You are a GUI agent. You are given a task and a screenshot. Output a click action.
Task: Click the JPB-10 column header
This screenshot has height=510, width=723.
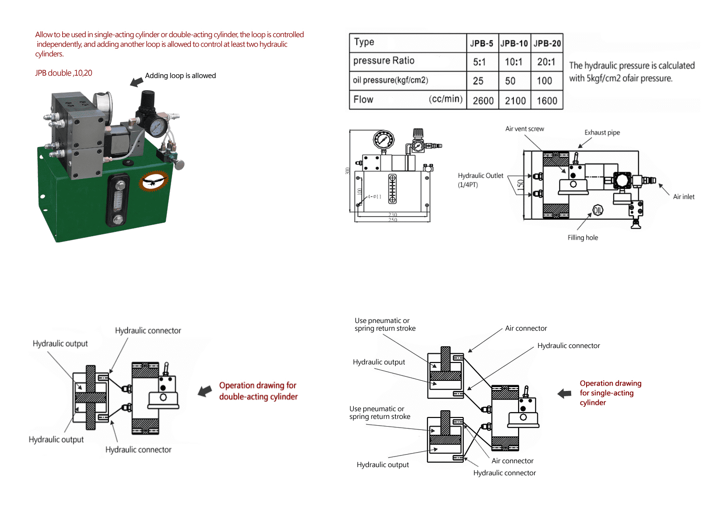coord(514,43)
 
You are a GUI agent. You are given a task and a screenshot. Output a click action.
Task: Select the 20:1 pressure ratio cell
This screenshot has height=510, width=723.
coord(547,62)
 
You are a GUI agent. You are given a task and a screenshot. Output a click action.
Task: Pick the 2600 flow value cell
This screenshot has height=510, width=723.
coord(483,100)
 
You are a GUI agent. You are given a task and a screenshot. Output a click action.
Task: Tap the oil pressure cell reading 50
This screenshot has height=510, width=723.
coord(510,81)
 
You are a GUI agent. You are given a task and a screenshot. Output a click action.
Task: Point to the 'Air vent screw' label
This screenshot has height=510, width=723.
coord(524,129)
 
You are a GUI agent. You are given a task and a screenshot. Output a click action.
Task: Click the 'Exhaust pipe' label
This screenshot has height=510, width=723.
coord(602,133)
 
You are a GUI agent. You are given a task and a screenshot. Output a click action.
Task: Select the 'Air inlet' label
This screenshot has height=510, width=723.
coord(683,197)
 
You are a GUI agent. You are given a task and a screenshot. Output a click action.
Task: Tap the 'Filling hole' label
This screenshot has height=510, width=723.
coord(582,238)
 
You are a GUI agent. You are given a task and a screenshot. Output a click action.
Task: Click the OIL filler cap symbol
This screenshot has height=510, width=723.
coord(598,210)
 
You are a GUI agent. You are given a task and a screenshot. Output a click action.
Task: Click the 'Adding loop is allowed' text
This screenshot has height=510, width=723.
coord(180,76)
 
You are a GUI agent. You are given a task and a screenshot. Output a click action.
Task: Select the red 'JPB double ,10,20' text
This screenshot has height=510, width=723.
coord(64,73)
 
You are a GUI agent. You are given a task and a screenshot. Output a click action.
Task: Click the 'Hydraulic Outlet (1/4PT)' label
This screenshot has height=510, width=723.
coord(480,180)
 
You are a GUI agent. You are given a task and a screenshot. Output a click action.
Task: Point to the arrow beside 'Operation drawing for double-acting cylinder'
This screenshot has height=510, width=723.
coord(205,391)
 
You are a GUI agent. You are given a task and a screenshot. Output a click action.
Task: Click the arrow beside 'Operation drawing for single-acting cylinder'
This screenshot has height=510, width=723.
coord(564,393)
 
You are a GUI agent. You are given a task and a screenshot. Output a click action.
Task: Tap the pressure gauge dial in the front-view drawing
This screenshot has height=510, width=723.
coord(383,140)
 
